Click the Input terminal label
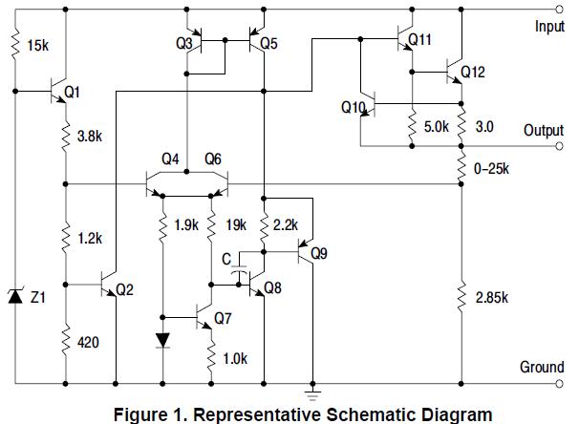[548, 28]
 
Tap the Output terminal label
[544, 131]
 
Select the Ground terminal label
[542, 367]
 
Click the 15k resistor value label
[41, 45]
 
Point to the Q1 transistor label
[73, 92]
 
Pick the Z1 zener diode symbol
[15, 298]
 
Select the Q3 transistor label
[185, 45]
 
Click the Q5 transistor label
[268, 45]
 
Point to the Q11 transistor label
[419, 40]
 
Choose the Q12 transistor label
[473, 72]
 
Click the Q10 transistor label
[353, 108]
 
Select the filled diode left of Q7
[162, 340]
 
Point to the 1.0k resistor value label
[235, 359]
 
